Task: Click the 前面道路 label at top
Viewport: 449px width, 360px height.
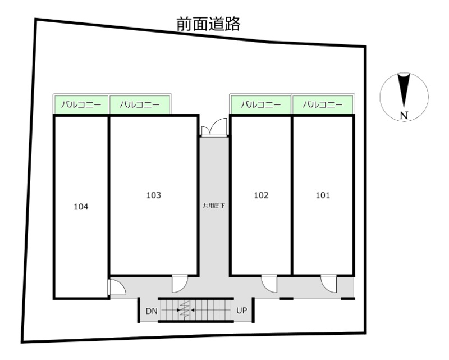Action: tap(208, 24)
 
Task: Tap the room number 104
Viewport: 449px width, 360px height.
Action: tap(81, 207)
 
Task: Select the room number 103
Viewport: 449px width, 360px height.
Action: tap(153, 195)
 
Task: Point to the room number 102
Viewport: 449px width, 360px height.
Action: tap(261, 195)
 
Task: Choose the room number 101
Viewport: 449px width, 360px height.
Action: tap(323, 195)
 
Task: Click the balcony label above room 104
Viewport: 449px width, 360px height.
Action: tap(81, 104)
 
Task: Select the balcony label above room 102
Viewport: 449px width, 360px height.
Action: tap(260, 104)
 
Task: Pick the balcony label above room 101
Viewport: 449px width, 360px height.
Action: tap(322, 104)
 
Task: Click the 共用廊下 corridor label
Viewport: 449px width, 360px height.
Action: tap(214, 206)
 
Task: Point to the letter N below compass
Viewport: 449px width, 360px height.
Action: tap(404, 116)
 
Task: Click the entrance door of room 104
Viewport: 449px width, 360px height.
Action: tap(117, 288)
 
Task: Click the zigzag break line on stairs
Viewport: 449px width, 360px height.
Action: tap(184, 310)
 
